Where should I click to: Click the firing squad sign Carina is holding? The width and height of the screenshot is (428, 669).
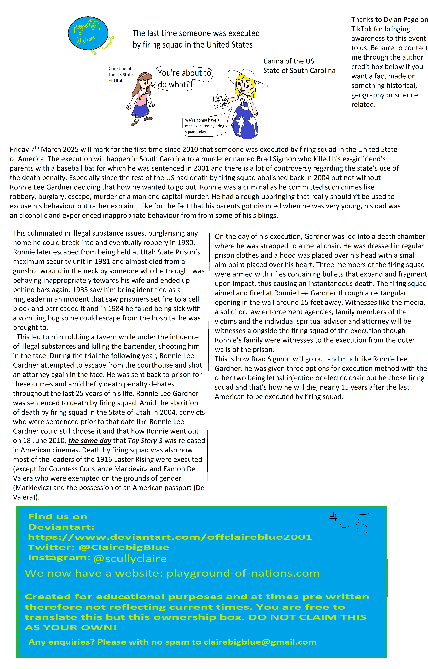(x=221, y=101)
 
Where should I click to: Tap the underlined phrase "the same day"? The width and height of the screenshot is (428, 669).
(x=90, y=441)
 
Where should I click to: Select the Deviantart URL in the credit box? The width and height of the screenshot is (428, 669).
(x=170, y=537)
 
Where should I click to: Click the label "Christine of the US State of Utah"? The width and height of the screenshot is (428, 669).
(x=121, y=74)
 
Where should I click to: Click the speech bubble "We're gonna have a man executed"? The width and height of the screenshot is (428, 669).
(x=205, y=126)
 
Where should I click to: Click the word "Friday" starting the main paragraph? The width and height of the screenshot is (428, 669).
(x=19, y=149)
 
